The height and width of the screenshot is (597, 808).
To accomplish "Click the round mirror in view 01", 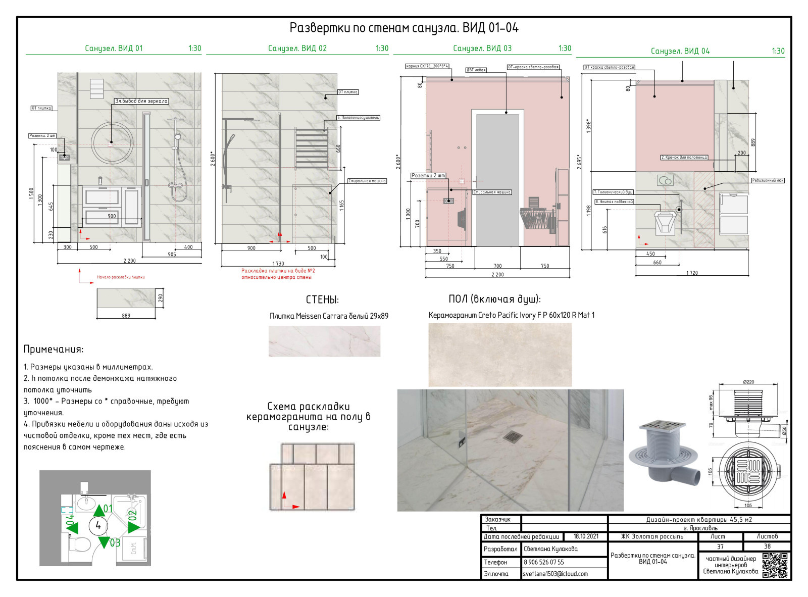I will [x=112, y=142].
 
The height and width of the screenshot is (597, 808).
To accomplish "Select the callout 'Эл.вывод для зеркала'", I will [x=141, y=101].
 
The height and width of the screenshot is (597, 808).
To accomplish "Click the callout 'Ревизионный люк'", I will [x=768, y=180].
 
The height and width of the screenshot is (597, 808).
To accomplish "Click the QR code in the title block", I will [x=775, y=565].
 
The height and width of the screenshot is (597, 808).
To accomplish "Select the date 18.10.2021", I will [x=586, y=536].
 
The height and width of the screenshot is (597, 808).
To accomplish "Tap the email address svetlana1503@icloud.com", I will [x=555, y=574].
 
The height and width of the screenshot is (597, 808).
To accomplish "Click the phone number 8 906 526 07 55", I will [x=544, y=562].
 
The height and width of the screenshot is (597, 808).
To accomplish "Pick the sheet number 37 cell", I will [x=720, y=546].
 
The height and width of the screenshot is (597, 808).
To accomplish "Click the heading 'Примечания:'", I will [x=54, y=349].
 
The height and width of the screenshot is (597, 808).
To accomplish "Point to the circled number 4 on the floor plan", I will [x=98, y=526].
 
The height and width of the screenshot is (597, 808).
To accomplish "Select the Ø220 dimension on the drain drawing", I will [x=748, y=382].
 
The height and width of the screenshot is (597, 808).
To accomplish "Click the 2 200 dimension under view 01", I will [x=129, y=261].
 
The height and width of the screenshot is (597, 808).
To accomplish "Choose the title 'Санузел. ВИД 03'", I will [x=482, y=48].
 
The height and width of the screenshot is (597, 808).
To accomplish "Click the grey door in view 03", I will [x=497, y=179].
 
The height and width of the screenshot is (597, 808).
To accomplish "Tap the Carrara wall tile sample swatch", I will [x=324, y=341].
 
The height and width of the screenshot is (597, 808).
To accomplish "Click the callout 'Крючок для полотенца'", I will [x=684, y=158].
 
